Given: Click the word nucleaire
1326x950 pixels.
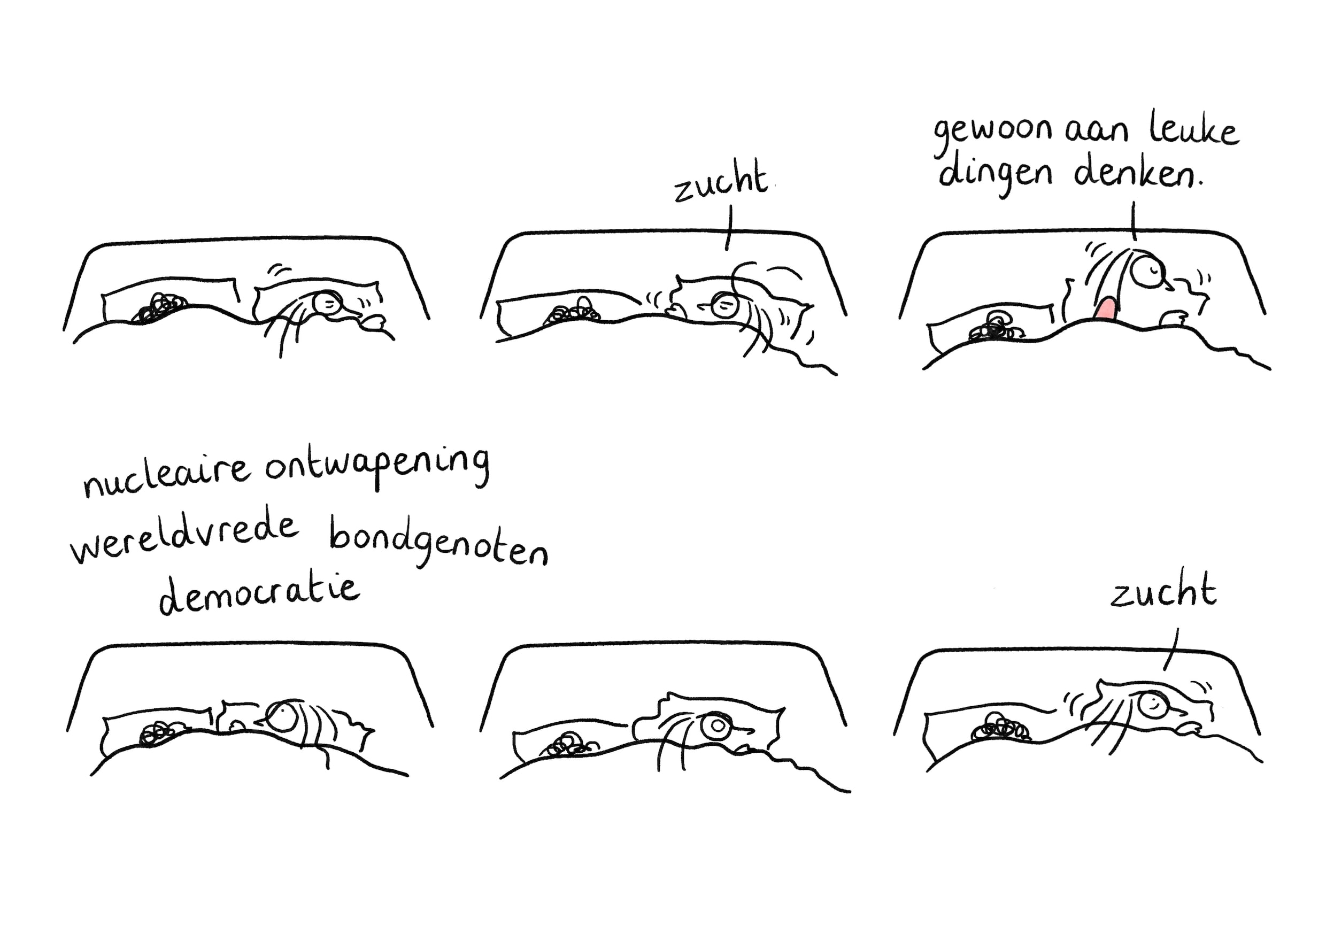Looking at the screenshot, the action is tap(167, 476).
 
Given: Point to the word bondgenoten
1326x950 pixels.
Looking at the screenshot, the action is tap(438, 542).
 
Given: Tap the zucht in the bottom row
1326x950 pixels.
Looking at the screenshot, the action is tap(1163, 589).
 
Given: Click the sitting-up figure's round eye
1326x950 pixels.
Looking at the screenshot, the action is tap(1147, 269).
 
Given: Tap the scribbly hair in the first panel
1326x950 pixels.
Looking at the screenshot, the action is tap(161, 308).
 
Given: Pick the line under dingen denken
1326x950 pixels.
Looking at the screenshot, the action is tap(1134, 221).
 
